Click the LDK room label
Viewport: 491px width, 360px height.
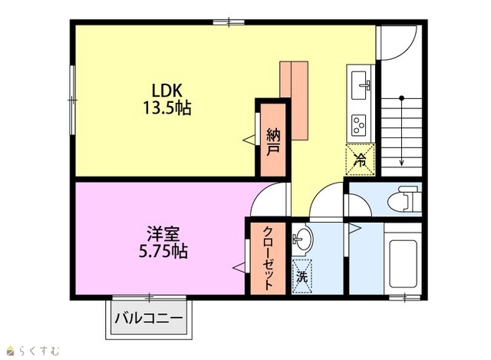(167, 91)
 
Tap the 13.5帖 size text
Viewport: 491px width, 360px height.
(167, 108)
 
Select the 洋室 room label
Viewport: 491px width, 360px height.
(163, 234)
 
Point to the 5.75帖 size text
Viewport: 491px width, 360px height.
(163, 251)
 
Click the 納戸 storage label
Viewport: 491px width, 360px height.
(273, 142)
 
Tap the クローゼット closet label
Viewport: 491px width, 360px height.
(269, 258)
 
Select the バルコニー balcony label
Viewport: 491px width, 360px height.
(148, 319)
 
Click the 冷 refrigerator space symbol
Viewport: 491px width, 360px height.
(360, 159)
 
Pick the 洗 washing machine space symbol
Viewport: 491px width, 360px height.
(302, 276)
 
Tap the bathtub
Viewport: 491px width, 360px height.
(403, 263)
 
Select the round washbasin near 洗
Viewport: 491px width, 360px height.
(302, 239)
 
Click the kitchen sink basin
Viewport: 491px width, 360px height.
(359, 85)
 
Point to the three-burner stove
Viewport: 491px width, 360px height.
(359, 125)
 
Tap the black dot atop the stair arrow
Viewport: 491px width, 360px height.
(402, 98)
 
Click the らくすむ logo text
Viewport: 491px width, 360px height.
(39, 351)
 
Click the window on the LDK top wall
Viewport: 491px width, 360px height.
(229, 22)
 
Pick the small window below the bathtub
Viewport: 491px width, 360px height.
(404, 298)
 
